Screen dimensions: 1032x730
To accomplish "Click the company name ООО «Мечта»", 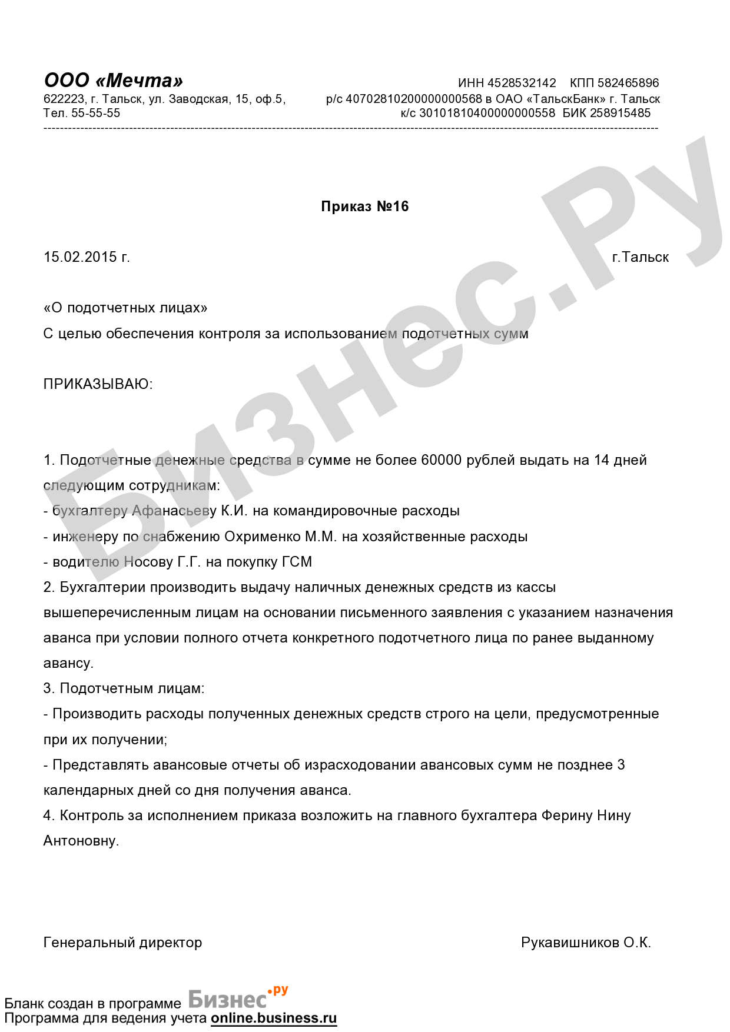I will [x=114, y=81].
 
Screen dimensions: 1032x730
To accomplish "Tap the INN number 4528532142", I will [x=522, y=83].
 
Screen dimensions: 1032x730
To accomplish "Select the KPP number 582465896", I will [x=628, y=83].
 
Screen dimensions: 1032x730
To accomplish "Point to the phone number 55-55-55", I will [x=95, y=113].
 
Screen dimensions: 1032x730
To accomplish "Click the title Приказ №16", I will [x=364, y=207].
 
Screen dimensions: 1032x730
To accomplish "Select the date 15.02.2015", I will [x=80, y=257].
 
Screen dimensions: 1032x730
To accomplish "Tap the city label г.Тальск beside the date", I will [x=640, y=257].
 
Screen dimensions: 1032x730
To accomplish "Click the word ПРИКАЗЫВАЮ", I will [x=98, y=384].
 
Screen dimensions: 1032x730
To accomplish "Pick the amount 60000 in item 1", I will [x=441, y=460].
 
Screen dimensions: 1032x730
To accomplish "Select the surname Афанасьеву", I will [x=174, y=511].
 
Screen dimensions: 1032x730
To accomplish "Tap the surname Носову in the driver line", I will [x=149, y=562].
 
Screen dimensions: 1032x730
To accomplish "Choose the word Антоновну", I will [x=81, y=841].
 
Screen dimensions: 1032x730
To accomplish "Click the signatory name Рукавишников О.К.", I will [x=586, y=943].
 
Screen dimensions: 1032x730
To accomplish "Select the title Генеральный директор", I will [x=122, y=943].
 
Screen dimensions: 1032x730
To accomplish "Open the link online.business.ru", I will [x=274, y=1018].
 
